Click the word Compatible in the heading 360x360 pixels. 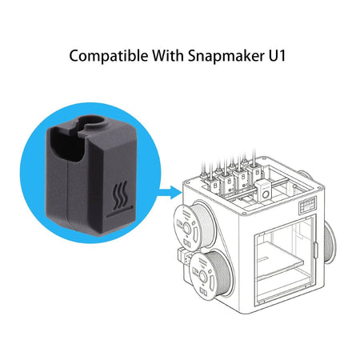pyautogui.click(x=109, y=56)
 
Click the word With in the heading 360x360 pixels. pyautogui.click(x=168, y=55)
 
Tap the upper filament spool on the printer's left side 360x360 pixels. pyautogui.click(x=193, y=227)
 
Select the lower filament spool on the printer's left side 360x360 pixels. pyautogui.click(x=209, y=274)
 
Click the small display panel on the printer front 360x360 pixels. pyautogui.click(x=307, y=205)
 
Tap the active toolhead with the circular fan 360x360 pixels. pyautogui.click(x=264, y=189)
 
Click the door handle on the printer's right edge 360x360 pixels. pyautogui.click(x=315, y=250)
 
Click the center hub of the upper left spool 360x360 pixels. pyautogui.click(x=186, y=228)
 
